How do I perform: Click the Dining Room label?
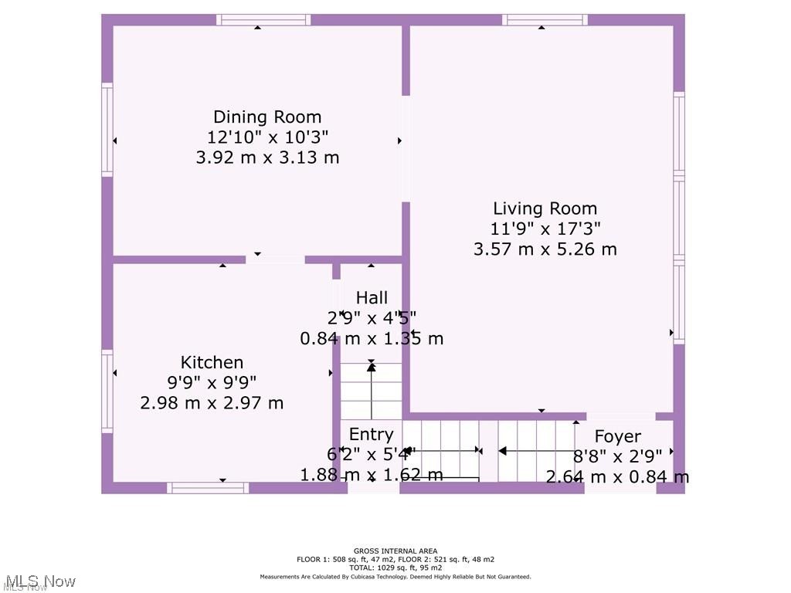click(x=267, y=117)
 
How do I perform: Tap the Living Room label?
click(x=545, y=208)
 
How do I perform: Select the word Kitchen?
click(x=212, y=362)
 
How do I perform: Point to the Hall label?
click(x=372, y=297)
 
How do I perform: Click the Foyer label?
click(x=617, y=437)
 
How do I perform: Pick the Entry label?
click(x=371, y=434)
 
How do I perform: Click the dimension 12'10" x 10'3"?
click(x=267, y=137)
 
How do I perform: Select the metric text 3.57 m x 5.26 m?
click(x=545, y=249)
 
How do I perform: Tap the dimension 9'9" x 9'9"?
click(x=212, y=382)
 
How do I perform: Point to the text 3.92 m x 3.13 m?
click(x=267, y=158)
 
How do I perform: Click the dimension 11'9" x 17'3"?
click(x=545, y=229)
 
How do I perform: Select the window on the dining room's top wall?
click(x=263, y=20)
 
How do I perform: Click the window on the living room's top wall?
click(x=545, y=20)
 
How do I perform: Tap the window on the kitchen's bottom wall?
click(x=208, y=487)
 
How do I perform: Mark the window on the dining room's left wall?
click(x=107, y=129)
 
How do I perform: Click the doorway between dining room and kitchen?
click(x=275, y=259)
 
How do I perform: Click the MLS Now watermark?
click(x=39, y=581)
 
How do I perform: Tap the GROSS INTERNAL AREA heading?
click(x=395, y=551)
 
